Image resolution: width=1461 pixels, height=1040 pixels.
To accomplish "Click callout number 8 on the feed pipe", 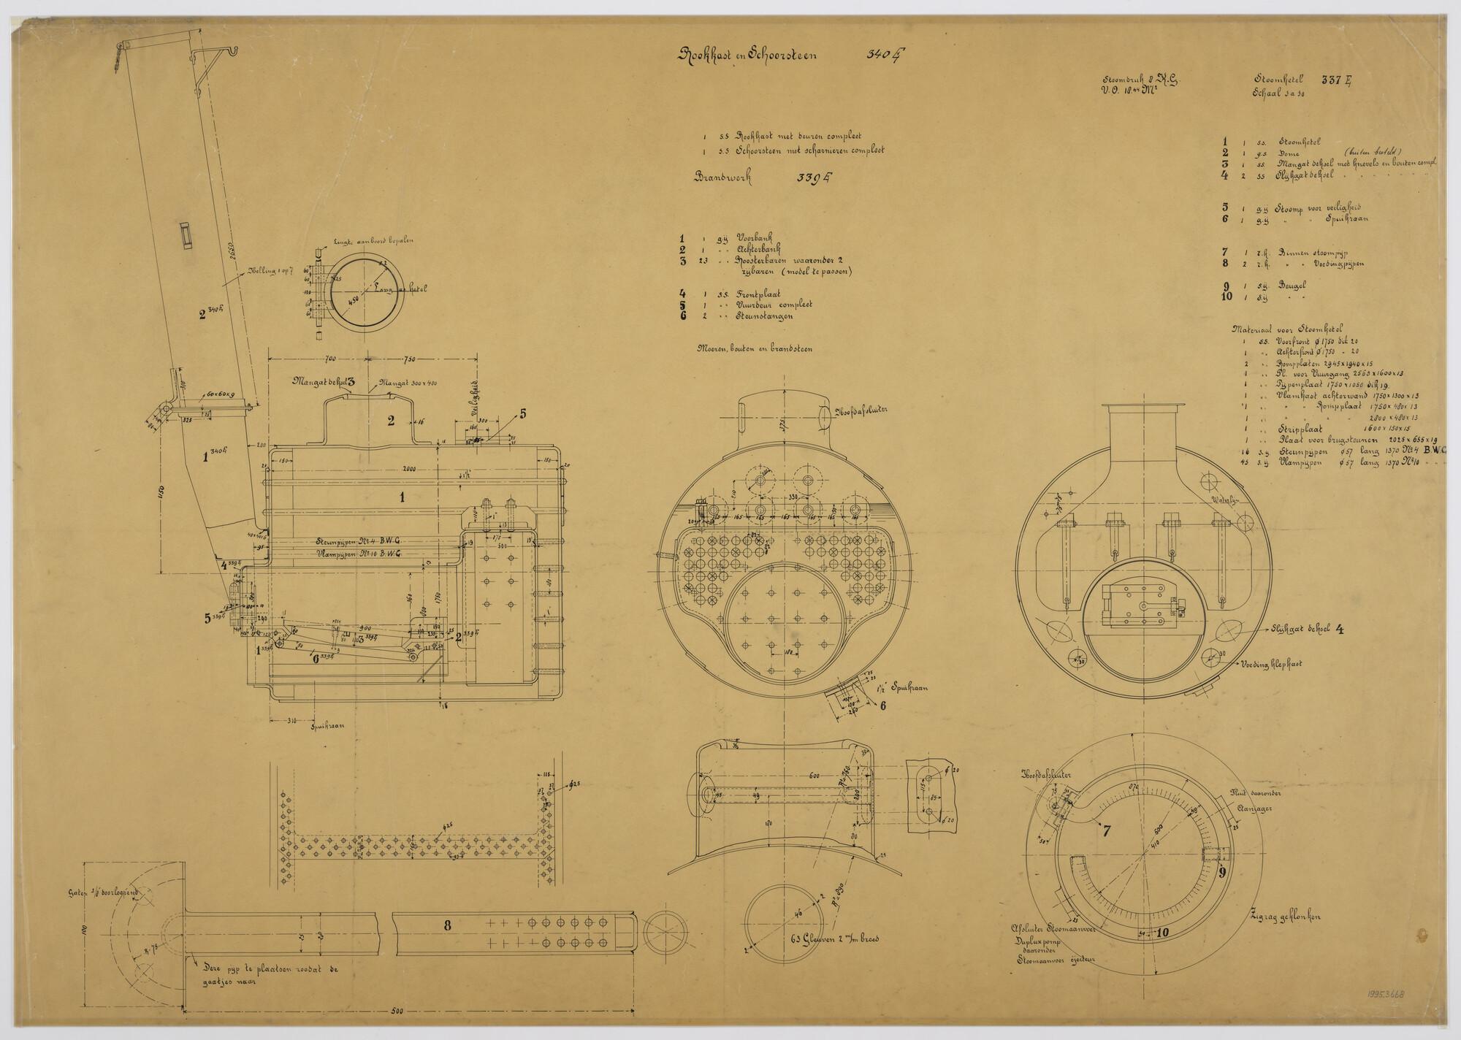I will point(447,924).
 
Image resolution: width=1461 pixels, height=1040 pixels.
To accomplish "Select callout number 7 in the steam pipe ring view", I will point(1106,830).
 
